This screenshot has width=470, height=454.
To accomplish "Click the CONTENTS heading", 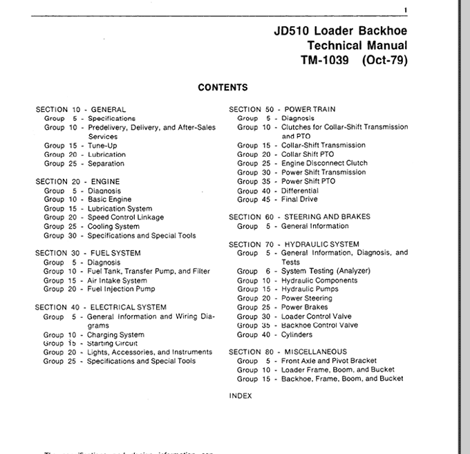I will pos(223,88).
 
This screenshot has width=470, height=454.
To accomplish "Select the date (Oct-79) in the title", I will pos(384,60).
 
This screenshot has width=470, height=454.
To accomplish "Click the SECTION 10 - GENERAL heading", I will pos(80,109).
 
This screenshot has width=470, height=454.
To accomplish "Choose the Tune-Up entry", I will pos(102,146).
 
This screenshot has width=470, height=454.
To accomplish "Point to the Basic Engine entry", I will pos(109,200).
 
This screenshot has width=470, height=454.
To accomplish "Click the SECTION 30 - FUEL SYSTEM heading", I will pos(88,253).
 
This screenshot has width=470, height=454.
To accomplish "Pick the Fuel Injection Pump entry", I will pos(121,290).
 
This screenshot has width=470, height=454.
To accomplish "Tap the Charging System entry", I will pos(115,334).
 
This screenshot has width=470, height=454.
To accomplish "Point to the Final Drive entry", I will pos(299,200).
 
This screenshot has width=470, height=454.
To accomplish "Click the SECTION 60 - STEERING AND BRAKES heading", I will pos(299,217).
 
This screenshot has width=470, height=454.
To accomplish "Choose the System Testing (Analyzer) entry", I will pos(326,271).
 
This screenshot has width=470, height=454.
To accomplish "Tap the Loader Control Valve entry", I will pos(316,316).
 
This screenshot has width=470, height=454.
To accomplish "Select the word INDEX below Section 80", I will pos(241,396).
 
